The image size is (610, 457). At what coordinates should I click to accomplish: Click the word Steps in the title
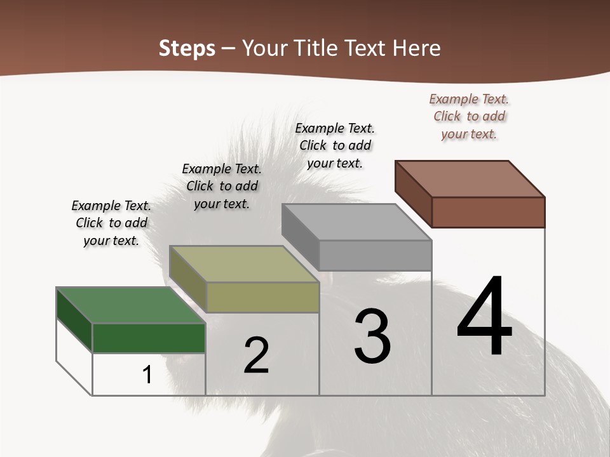[x=187, y=48]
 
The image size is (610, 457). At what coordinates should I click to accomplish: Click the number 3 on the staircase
[x=372, y=336]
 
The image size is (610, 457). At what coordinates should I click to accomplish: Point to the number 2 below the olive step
[x=256, y=355]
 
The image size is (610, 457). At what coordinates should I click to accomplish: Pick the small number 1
[x=147, y=374]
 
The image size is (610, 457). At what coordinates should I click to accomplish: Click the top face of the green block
[x=130, y=305]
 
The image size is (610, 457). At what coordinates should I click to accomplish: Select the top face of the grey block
[x=356, y=222]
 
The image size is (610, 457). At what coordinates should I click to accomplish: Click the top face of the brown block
[x=470, y=179]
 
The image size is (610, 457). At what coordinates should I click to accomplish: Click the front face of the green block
[x=149, y=338]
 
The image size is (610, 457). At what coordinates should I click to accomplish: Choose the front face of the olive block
[x=262, y=297]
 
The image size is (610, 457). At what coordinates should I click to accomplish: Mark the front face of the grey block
[x=375, y=255]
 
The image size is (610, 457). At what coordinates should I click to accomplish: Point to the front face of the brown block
[x=488, y=212]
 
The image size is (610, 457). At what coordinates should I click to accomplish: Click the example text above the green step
[x=111, y=223]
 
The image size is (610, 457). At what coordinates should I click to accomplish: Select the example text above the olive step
[x=222, y=186]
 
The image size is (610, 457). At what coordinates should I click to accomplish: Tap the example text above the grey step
[x=335, y=145]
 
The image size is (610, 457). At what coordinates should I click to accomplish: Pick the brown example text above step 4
[x=469, y=116]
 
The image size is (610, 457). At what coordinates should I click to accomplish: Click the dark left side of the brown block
[x=413, y=194]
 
